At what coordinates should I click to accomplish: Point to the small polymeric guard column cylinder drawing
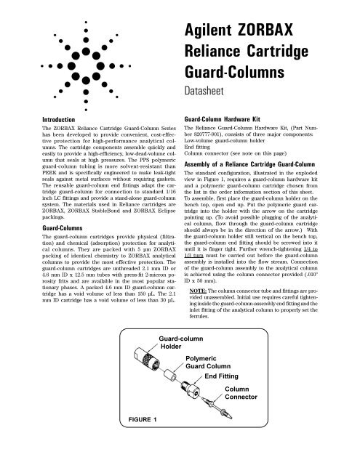tap(168, 382)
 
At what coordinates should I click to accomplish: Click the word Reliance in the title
tap(240, 55)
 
